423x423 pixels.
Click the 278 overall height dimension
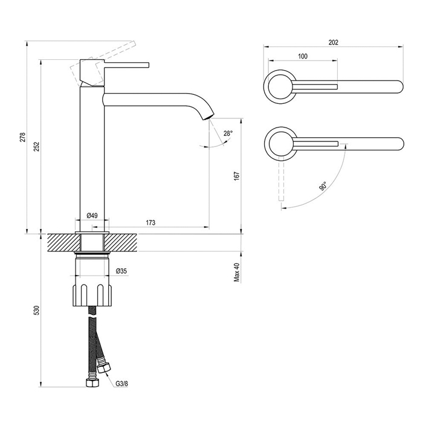[x=23, y=137]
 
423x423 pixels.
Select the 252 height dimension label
[x=37, y=146]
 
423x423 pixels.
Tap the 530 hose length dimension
[x=37, y=310]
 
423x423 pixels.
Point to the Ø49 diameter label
[x=92, y=216]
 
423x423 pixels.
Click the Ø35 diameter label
[x=121, y=271]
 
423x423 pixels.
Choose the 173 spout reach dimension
[x=150, y=222]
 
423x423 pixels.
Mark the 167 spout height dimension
[x=237, y=176]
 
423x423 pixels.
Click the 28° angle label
[x=228, y=134]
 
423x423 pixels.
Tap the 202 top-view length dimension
[x=333, y=42]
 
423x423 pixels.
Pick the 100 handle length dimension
[x=303, y=56]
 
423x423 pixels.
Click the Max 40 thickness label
[x=237, y=272]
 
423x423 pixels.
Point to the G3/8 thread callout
[x=121, y=384]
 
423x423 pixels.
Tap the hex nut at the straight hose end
[x=92, y=383]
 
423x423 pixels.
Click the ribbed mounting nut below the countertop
[x=92, y=295]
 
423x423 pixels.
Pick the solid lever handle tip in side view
[x=148, y=65]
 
